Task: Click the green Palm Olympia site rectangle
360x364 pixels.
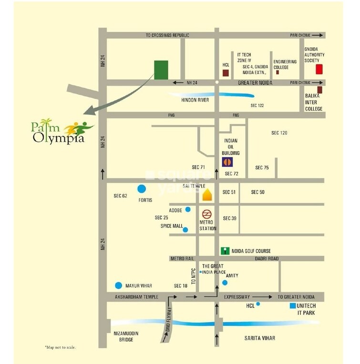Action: (x=161, y=70)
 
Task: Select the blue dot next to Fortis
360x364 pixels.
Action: (x=141, y=189)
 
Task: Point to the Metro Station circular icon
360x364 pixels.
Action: (x=207, y=214)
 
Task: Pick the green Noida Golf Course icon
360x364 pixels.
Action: (x=225, y=251)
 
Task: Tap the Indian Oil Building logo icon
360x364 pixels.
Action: (x=228, y=162)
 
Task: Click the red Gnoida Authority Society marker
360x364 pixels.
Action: (x=319, y=69)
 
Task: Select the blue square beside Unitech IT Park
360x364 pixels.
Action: (x=292, y=305)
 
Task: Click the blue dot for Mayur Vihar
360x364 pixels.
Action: (x=119, y=286)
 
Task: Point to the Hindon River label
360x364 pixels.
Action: (x=195, y=100)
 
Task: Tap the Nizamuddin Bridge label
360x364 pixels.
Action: (x=126, y=336)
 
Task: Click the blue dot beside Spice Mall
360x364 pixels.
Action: (x=185, y=229)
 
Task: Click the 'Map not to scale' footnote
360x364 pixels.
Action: (x=60, y=347)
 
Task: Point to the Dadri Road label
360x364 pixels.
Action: (x=267, y=259)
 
